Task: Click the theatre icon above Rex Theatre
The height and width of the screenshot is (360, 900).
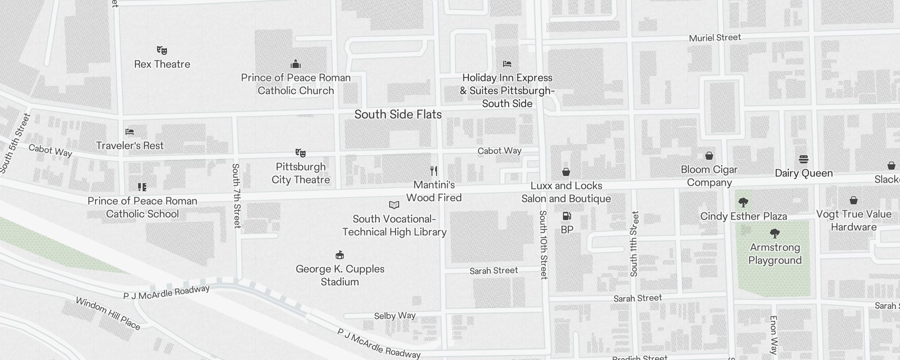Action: click(x=162, y=50)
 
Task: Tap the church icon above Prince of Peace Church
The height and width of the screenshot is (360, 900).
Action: click(x=296, y=63)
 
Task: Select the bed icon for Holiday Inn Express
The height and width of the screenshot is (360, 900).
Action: click(x=507, y=64)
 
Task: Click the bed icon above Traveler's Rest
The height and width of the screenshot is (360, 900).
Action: click(x=130, y=132)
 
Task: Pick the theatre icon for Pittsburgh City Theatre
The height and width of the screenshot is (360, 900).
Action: click(x=301, y=153)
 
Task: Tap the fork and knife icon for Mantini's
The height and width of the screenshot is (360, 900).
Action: click(x=434, y=171)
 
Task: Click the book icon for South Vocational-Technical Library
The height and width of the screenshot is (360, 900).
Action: click(x=394, y=205)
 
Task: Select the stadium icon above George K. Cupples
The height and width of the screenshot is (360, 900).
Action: click(x=340, y=255)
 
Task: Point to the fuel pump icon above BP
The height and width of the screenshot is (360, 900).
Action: click(x=567, y=216)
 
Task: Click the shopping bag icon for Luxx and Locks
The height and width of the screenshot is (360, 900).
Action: click(x=566, y=172)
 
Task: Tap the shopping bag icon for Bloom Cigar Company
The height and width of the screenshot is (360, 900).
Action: click(x=709, y=156)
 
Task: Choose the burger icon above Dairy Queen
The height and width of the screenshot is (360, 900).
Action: click(x=804, y=159)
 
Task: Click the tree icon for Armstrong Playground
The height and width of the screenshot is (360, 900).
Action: click(x=774, y=234)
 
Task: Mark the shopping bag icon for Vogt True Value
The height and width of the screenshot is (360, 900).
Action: click(x=854, y=200)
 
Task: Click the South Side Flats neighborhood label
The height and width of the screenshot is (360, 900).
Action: click(x=398, y=114)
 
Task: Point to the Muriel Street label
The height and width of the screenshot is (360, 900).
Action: click(x=715, y=38)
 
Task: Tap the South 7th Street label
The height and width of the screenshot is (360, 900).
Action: click(x=236, y=196)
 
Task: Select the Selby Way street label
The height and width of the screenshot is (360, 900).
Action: click(x=395, y=316)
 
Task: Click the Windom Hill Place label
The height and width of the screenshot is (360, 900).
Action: click(x=108, y=313)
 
